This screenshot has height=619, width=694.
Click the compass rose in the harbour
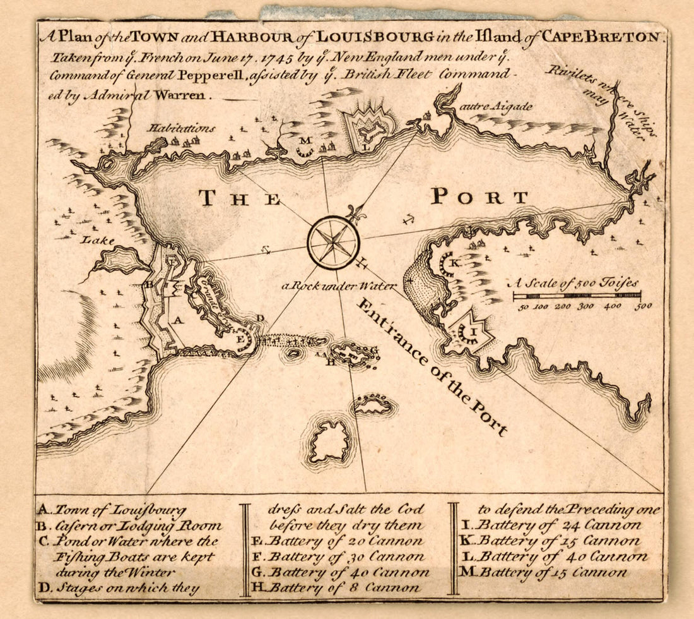click(333, 242)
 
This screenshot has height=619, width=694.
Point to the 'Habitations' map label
click(182, 128)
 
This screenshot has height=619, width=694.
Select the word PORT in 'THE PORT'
click(479, 197)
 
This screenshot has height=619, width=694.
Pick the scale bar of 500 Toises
click(577, 295)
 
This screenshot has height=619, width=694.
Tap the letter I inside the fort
click(469, 330)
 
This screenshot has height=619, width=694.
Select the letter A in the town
click(179, 321)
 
